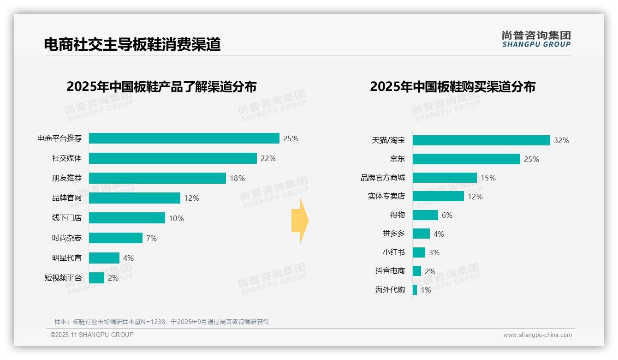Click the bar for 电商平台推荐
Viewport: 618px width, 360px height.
[184, 138]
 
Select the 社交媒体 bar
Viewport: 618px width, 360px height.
[172, 158]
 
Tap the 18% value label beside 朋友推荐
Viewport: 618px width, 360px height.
[237, 178]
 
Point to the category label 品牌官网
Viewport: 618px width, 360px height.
[67, 198]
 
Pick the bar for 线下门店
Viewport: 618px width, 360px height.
[127, 218]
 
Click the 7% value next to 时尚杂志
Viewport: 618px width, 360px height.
[151, 238]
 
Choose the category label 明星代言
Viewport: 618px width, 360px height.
[67, 258]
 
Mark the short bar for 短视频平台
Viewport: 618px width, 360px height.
[96, 278]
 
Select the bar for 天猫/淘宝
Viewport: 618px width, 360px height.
[481, 140]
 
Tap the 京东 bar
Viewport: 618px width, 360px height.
[466, 159]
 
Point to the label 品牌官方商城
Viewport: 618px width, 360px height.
[383, 178]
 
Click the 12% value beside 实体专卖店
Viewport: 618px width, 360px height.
[475, 197]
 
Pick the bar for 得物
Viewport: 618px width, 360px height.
[425, 215]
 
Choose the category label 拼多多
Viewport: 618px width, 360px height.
[394, 234]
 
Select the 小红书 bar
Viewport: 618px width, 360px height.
[419, 252]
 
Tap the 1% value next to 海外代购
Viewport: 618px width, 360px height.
[426, 290]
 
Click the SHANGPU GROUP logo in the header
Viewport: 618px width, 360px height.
[536, 39]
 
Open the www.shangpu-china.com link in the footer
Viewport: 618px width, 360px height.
[537, 335]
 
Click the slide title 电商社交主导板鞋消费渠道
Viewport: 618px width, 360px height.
[132, 44]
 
